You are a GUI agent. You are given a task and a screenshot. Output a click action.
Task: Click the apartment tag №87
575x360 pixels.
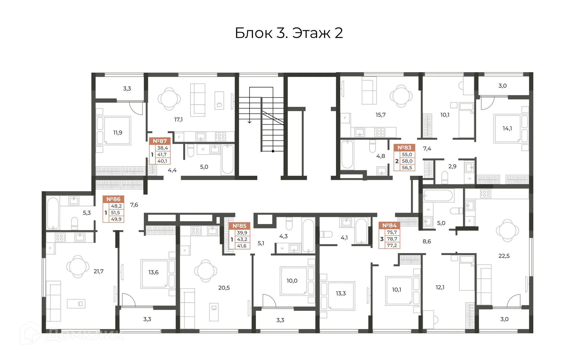[x=160, y=141]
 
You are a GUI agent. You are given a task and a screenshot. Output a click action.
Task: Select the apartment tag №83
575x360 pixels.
[x=404, y=148]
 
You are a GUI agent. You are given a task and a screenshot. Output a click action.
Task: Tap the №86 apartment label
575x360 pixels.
[x=113, y=199]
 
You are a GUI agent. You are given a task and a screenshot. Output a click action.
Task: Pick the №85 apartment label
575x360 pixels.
[x=239, y=226]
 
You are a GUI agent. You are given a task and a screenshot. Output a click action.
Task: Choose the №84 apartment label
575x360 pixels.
[x=389, y=225]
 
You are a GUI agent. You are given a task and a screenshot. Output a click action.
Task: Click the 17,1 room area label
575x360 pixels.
[x=178, y=120]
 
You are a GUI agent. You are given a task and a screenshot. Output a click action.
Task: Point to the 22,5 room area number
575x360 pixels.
[x=504, y=256]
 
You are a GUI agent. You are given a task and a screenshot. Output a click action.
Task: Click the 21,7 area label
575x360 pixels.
[x=99, y=271]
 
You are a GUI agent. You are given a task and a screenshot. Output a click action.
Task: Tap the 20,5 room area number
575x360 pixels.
[x=224, y=288]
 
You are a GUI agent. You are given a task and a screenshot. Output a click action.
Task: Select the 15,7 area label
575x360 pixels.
[x=381, y=115]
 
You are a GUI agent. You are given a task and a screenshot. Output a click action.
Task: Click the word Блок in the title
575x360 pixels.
[x=254, y=33]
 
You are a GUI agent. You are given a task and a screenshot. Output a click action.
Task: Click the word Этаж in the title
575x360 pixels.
[x=311, y=33]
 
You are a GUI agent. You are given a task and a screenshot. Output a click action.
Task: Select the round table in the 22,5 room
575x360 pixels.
[x=507, y=231]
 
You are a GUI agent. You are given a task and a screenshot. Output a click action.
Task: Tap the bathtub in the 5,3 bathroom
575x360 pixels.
[x=53, y=213]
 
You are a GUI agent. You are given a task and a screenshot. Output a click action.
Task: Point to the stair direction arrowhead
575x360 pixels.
[x=249, y=122]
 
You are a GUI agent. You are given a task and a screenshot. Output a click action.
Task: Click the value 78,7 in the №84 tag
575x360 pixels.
[x=392, y=239]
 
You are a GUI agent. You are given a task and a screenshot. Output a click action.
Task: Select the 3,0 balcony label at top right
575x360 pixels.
[x=503, y=86]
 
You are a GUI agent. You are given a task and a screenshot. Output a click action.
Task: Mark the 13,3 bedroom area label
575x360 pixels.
[x=341, y=293]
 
